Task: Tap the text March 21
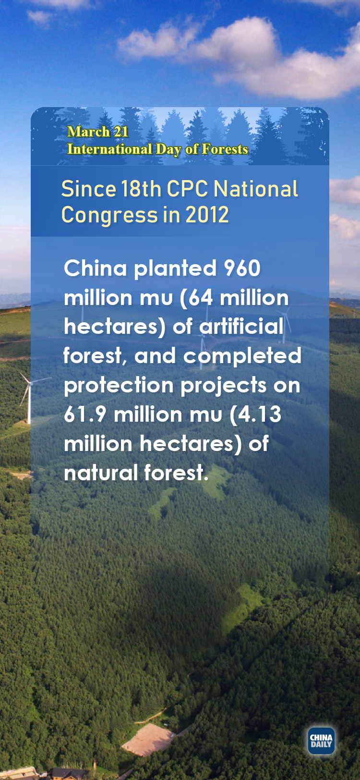pos(98,132)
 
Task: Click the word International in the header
pos(109,149)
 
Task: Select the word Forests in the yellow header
pos(225,149)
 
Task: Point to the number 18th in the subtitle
pos(141,189)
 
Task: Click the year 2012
pos(207,215)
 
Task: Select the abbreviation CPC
pos(188,189)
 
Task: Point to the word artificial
pos(241,326)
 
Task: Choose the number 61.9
pos(85,414)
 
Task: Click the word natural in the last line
pos(101,473)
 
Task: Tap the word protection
pos(119,386)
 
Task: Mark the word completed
pos(242,356)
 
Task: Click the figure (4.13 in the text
pos(255,414)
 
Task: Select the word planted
pos(175,269)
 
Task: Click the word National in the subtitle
pos(256,189)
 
